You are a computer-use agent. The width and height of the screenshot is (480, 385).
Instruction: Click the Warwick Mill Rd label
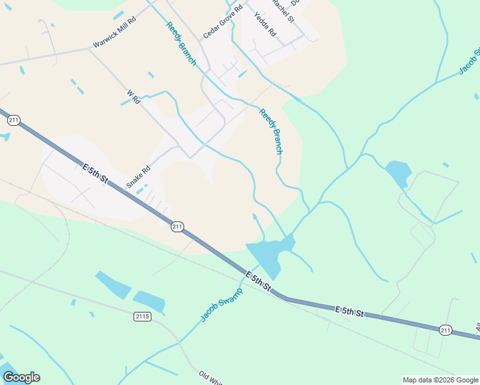pos(115,33)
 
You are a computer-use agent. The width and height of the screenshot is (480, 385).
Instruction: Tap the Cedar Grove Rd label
pos(223,21)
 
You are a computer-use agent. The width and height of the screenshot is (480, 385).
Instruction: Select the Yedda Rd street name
pos(264,24)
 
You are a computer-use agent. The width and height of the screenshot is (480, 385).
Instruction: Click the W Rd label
pos(133,96)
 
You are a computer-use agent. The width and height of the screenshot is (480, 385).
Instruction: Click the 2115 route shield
pos(142,316)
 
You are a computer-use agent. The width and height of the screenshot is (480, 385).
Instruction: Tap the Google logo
pos(21,377)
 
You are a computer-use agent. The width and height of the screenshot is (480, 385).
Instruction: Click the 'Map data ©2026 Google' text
pos(440,380)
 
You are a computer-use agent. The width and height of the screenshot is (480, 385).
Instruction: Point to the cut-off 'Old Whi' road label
pos(210,377)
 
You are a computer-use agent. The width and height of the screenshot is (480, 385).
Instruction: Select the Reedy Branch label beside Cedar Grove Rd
pos(181,44)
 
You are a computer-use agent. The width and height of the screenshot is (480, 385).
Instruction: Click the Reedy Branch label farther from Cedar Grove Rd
pos(270,131)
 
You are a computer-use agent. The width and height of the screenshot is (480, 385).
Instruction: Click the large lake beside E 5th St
pos(268,253)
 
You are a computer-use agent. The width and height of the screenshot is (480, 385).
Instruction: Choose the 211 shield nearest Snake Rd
pos(178,227)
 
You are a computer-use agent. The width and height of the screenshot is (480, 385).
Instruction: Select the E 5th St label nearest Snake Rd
pos(95,175)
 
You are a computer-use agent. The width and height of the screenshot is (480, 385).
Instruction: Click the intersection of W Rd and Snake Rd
pos(190,155)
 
